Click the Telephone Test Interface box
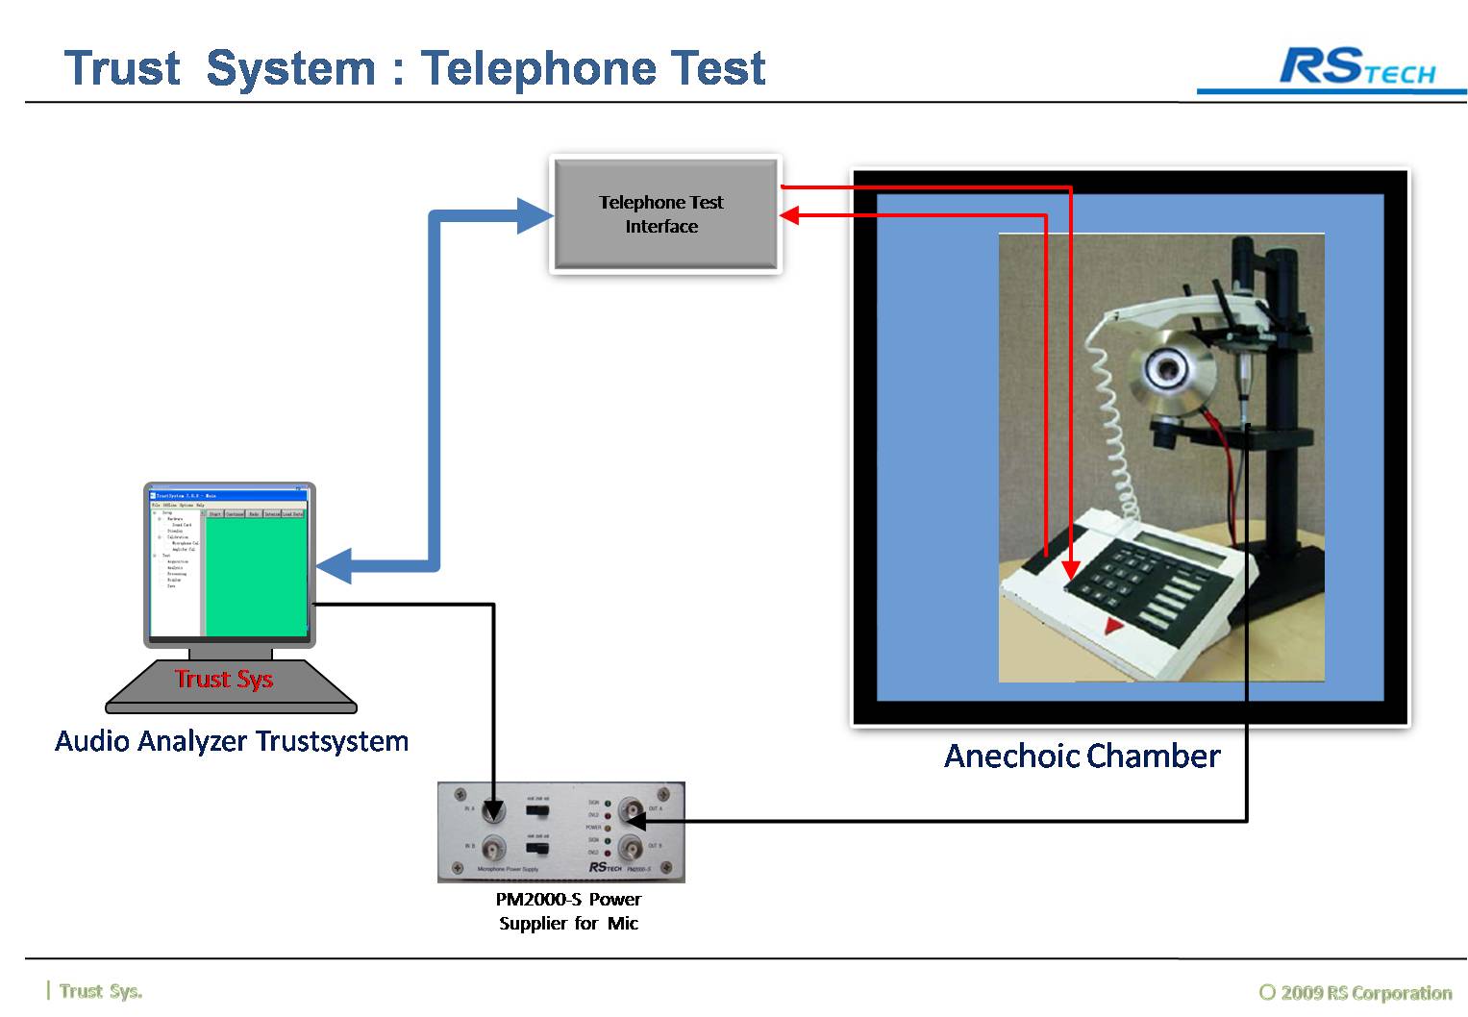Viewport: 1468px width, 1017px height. click(664, 214)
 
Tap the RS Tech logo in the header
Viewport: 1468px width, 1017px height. click(1356, 67)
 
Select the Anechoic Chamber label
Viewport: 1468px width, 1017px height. click(1082, 757)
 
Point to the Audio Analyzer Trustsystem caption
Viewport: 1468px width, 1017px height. click(232, 741)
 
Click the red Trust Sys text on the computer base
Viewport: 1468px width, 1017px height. click(224, 679)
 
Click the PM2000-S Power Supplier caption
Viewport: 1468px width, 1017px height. click(569, 911)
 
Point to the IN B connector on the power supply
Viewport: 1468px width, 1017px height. click(493, 850)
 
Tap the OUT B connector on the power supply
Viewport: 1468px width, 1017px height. click(632, 849)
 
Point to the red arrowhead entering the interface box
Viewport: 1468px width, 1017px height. click(789, 215)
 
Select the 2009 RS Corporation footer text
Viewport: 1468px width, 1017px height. click(1356, 992)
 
